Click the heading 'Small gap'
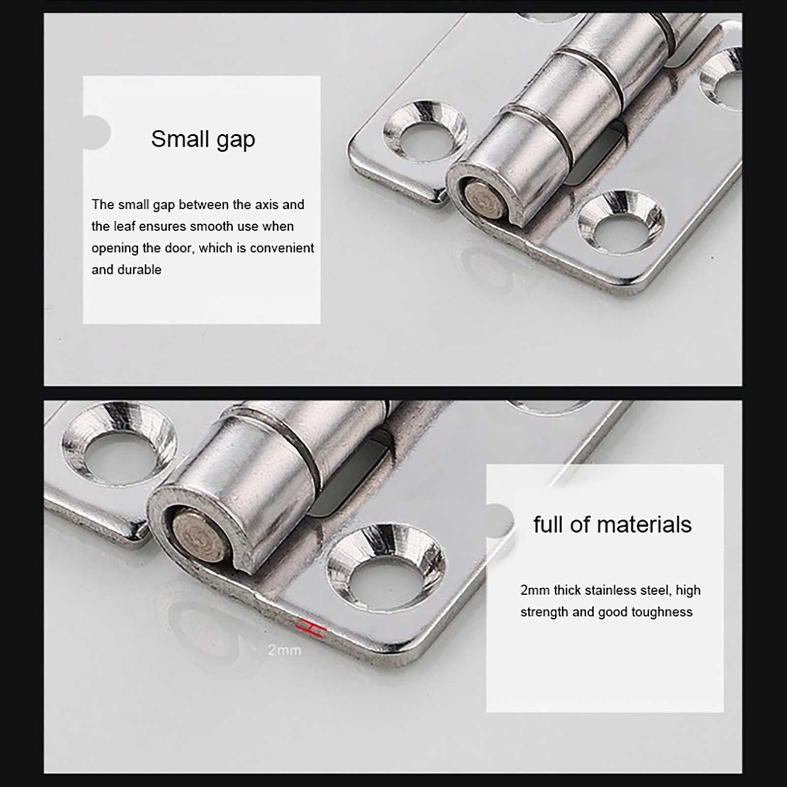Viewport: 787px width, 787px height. [x=203, y=140]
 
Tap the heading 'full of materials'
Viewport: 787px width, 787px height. [x=612, y=524]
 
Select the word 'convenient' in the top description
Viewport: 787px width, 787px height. [x=282, y=248]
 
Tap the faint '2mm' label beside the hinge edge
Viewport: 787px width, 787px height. [x=284, y=650]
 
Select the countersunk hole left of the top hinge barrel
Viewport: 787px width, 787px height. [x=424, y=131]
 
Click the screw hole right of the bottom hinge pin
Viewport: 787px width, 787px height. [x=387, y=566]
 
